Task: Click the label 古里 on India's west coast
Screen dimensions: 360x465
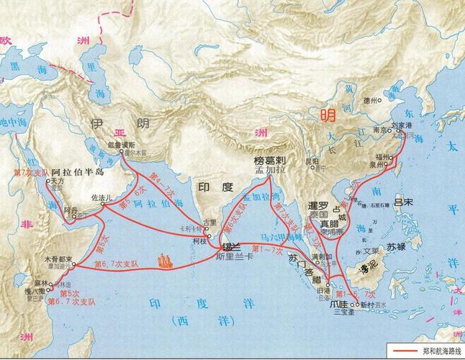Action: click(209, 223)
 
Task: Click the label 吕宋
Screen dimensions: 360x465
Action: click(410, 202)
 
